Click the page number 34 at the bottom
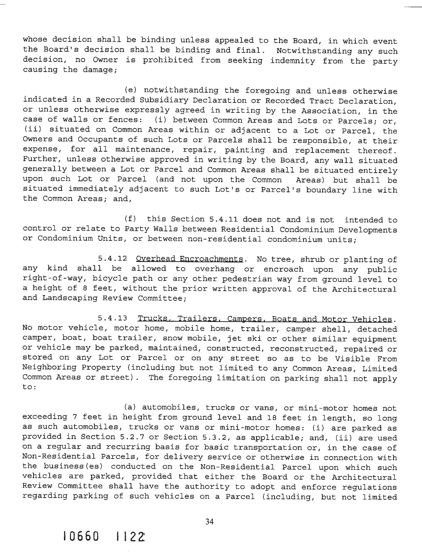(x=210, y=521)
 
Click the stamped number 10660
(x=81, y=542)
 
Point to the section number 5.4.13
(x=112, y=318)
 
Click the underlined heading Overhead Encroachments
(x=190, y=259)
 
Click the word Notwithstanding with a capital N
(x=314, y=51)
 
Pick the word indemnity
(x=292, y=61)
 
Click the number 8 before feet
(x=85, y=288)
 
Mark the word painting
(x=245, y=150)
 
